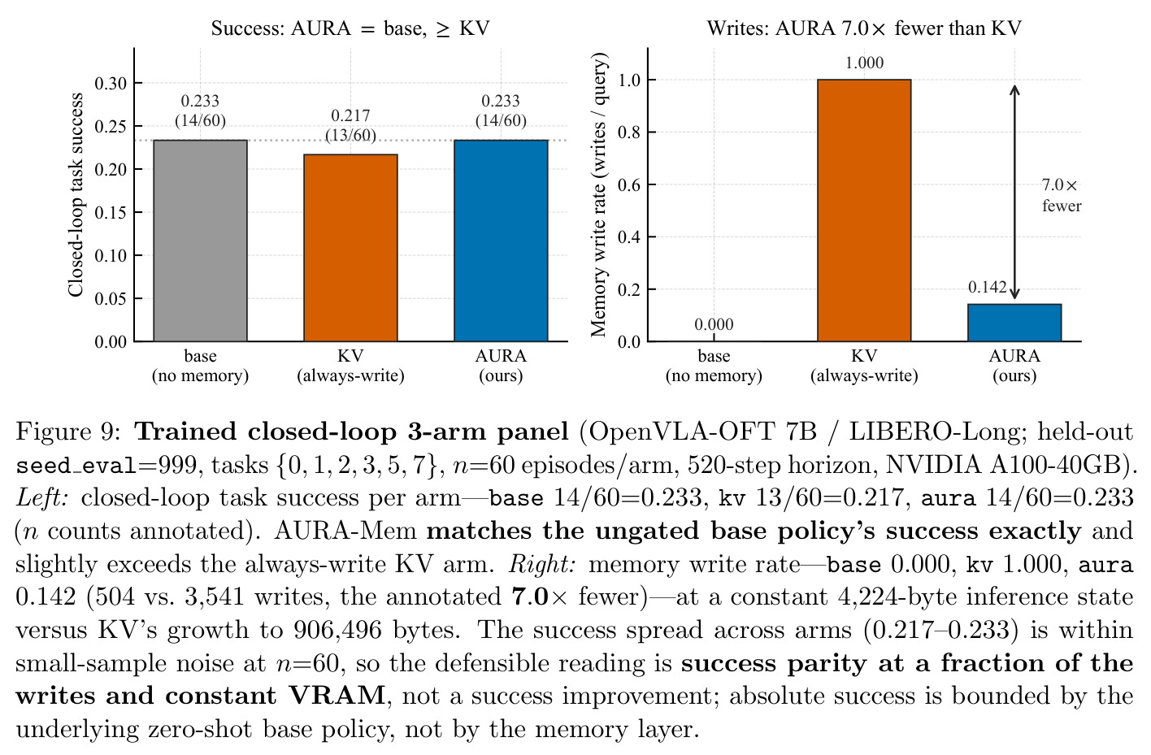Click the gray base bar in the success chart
coord(201,241)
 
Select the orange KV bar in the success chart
coord(350,248)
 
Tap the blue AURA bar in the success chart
coord(501,241)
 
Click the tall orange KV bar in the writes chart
coord(864,210)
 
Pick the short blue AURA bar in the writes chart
coord(1014,323)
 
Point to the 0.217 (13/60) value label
coord(350,125)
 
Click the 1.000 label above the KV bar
coord(864,63)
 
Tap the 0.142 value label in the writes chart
coord(987,287)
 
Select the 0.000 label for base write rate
coord(714,324)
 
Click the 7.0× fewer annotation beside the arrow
coord(1062,195)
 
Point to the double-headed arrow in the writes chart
coord(1014,192)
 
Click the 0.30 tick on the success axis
coord(111,83)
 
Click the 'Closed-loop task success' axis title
coord(76,195)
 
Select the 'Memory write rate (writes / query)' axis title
coord(598,195)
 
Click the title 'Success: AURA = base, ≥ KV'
coord(350,28)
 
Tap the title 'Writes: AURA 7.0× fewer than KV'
coord(864,28)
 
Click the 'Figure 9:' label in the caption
coord(68,432)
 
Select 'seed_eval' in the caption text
coord(77,466)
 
